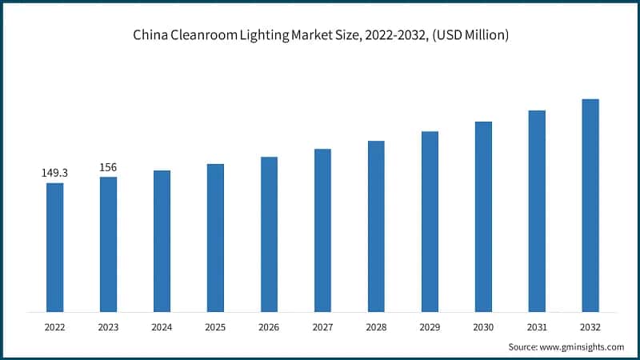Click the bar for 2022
coord(54,247)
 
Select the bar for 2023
coord(108,244)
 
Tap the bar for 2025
coord(215,238)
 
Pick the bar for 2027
coord(322,230)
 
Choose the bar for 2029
coord(430,222)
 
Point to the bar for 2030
coord(483,217)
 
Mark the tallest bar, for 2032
coord(590,206)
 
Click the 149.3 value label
coord(54,173)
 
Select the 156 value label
coord(108,166)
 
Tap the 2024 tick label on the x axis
coord(162,327)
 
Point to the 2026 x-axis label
coord(269,327)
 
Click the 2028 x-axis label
coord(376,327)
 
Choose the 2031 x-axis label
coord(537,327)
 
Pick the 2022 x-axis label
coord(54,327)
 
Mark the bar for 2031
coord(537,211)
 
